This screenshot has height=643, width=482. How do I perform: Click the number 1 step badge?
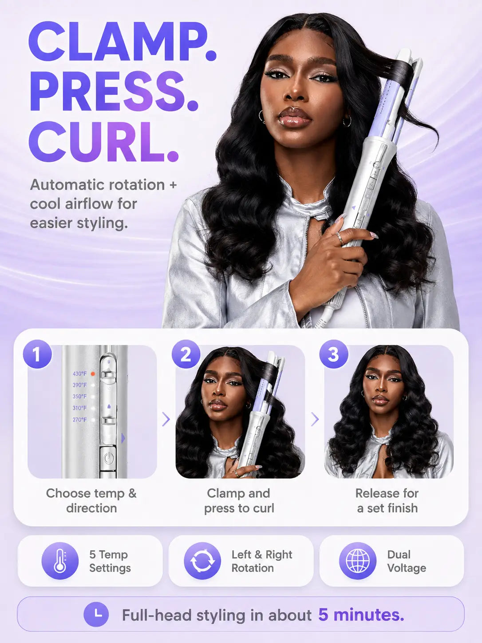[37, 354]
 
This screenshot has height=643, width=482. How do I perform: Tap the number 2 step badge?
[186, 354]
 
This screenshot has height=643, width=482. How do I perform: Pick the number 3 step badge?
[334, 354]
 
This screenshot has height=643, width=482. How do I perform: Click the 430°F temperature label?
[79, 374]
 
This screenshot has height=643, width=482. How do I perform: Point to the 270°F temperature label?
[79, 420]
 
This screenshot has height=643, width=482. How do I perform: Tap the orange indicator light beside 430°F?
[93, 374]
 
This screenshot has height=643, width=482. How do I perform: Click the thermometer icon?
[60, 561]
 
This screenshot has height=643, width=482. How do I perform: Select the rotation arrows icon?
[202, 561]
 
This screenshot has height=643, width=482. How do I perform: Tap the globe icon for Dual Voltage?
[358, 561]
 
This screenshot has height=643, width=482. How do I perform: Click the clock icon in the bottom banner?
[96, 614]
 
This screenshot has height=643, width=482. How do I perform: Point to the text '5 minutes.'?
[361, 615]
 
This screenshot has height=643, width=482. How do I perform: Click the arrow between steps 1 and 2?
[166, 420]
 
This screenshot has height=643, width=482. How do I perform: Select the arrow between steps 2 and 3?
[315, 420]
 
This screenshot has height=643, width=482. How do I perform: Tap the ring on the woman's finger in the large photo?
[340, 238]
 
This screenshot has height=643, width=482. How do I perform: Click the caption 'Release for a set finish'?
[387, 500]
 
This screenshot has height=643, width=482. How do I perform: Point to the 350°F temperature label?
[79, 397]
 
